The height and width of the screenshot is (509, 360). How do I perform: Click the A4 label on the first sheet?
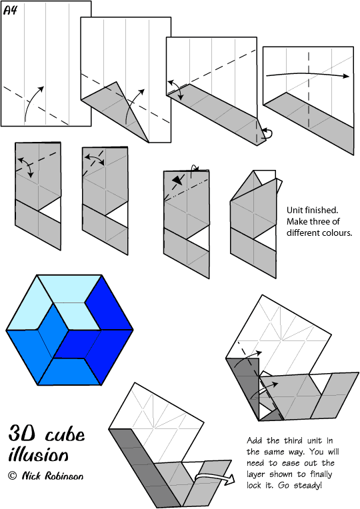pyautogui.click(x=10, y=11)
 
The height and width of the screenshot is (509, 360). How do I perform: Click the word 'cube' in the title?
pyautogui.click(x=65, y=434)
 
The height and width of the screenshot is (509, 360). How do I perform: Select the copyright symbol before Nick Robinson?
pyautogui.click(x=13, y=476)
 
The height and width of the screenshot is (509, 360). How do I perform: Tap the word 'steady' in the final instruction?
pyautogui.click(x=307, y=486)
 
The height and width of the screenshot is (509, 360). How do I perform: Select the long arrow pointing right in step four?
pyautogui.click(x=307, y=74)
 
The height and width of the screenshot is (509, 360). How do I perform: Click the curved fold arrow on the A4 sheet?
pyautogui.click(x=33, y=102)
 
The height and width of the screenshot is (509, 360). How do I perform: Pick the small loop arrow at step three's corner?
pyautogui.click(x=267, y=133)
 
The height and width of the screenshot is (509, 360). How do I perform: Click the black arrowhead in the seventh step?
pyautogui.click(x=177, y=180)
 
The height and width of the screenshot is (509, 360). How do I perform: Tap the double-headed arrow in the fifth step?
pyautogui.click(x=26, y=166)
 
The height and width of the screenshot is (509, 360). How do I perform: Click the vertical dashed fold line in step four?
pyautogui.click(x=309, y=90)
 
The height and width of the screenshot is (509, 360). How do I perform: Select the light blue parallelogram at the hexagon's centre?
pyautogui.click(x=77, y=316)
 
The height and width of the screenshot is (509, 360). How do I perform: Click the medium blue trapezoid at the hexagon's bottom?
pyautogui.click(x=69, y=372)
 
